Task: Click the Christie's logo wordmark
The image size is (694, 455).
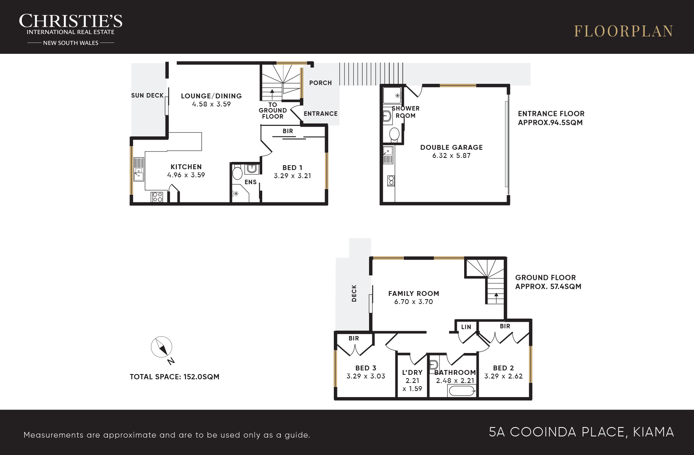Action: [x=71, y=21]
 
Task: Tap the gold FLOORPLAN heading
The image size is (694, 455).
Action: [x=624, y=31]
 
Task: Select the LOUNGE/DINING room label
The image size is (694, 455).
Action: [x=211, y=96]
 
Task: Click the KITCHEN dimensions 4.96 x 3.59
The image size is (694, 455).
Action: [x=186, y=175]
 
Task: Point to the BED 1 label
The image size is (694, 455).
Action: [x=293, y=168]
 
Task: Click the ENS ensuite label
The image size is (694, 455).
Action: [x=250, y=182]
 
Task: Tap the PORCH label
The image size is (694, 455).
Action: [x=320, y=83]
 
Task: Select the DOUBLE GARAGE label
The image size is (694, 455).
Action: [x=452, y=147]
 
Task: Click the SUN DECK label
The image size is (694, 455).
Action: [x=147, y=96]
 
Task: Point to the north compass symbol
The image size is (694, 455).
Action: [x=162, y=347]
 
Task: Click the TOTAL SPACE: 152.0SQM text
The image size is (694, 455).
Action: [x=174, y=377]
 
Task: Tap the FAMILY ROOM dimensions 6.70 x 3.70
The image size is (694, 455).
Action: [x=414, y=302]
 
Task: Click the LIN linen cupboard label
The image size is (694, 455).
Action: [x=466, y=327]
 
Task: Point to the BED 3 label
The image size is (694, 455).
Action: [x=366, y=368]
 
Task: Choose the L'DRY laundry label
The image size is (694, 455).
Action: [x=412, y=372]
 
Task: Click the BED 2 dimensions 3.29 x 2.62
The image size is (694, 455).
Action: [x=503, y=376]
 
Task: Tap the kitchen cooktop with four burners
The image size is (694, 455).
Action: [x=157, y=197]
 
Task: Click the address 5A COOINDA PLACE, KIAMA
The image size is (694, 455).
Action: [x=582, y=432]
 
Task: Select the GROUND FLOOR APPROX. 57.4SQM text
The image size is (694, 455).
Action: [x=548, y=282]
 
